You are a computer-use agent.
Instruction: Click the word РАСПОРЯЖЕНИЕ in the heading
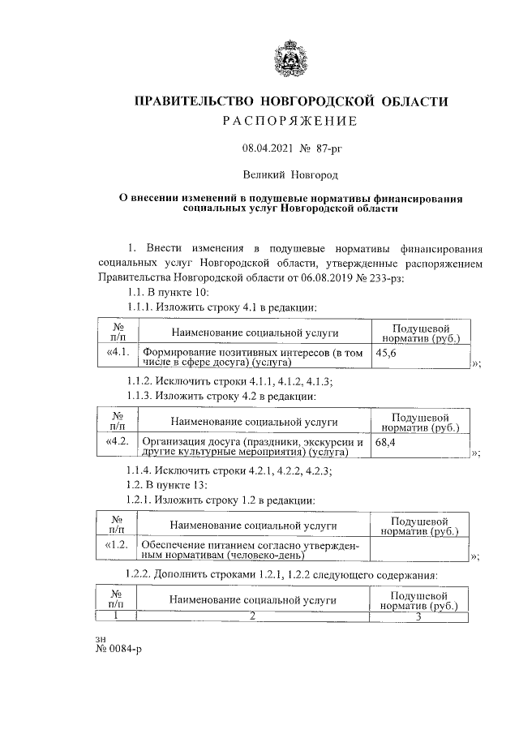(290, 122)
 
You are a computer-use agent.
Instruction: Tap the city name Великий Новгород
(290, 174)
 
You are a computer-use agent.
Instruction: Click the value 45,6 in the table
(386, 354)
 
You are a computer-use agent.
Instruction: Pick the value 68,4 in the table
(386, 444)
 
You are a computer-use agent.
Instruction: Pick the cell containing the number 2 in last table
(253, 616)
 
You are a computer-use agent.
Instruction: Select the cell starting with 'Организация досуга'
(253, 449)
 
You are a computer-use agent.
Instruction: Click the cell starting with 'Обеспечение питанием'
(253, 550)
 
